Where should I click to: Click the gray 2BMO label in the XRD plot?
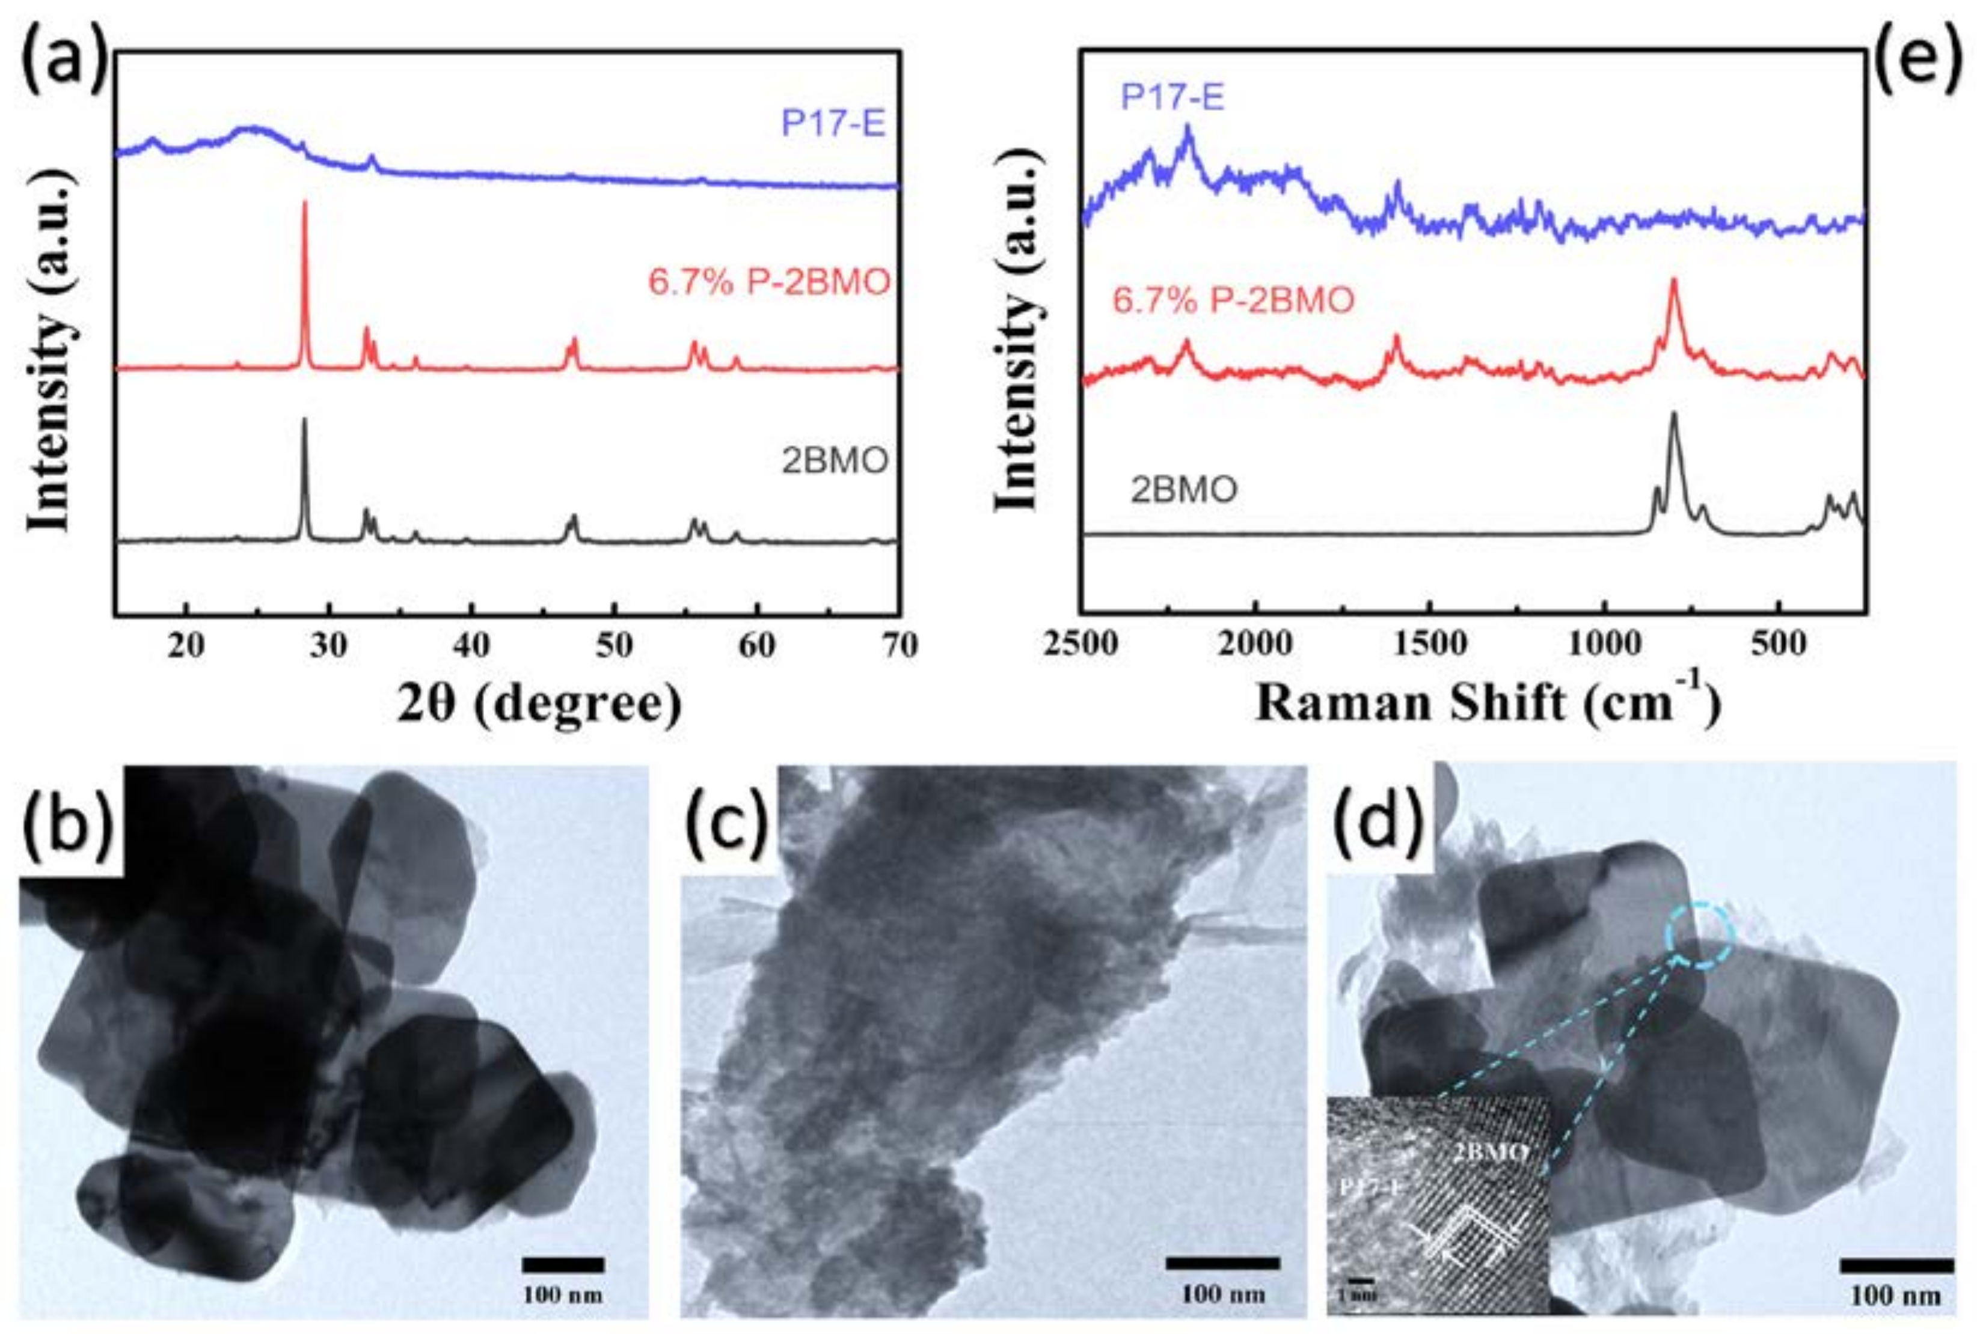(835, 461)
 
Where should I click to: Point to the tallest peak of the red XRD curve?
(304, 204)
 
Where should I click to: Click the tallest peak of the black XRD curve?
(304, 421)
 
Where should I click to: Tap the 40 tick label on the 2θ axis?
(470, 646)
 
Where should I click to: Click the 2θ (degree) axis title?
(539, 705)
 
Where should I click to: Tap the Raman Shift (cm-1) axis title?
(1487, 702)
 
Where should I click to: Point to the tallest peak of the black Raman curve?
(1674, 415)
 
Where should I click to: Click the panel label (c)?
(728, 823)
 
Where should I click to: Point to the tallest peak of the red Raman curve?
(1674, 281)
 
